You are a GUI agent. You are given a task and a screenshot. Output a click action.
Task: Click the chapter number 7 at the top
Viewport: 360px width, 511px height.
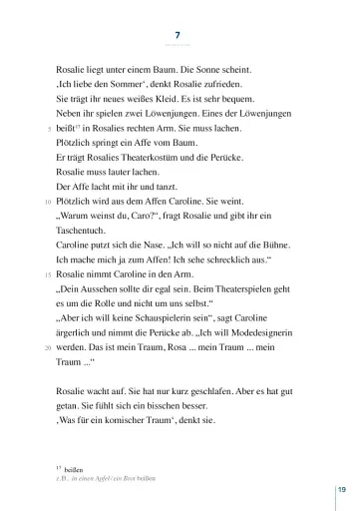click(x=179, y=36)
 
